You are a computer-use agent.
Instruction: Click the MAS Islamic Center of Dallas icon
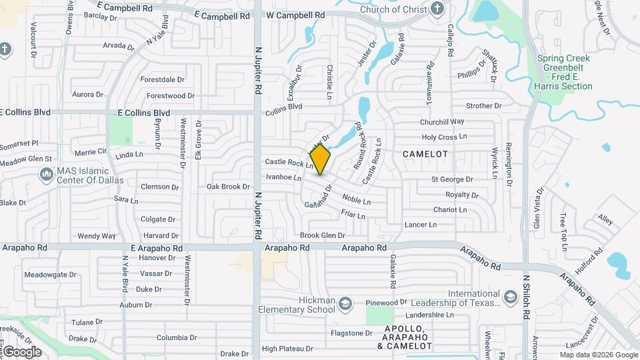47,175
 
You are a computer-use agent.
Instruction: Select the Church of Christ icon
437,9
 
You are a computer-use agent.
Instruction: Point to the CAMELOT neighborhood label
425,154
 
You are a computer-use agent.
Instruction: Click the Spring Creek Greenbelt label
564,72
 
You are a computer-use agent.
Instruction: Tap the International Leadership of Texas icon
510,297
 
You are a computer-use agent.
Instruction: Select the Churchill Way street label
442,122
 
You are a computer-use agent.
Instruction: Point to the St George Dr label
451,179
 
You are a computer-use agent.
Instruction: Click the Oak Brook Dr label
228,187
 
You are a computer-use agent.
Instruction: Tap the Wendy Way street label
97,236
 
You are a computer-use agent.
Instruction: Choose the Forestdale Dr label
162,79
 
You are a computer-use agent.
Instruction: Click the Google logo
22,351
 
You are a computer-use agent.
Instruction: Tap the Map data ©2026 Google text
598,354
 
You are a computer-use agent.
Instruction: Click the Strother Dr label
483,106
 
